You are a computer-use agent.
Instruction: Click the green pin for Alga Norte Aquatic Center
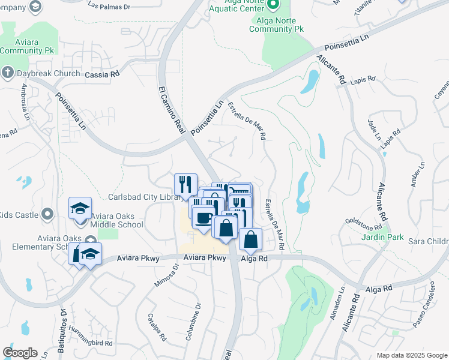273,5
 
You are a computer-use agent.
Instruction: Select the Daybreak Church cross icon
7,73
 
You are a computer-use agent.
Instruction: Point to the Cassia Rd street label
103,74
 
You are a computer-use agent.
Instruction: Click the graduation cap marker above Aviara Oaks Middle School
80,208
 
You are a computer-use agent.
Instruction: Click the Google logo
20,353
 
